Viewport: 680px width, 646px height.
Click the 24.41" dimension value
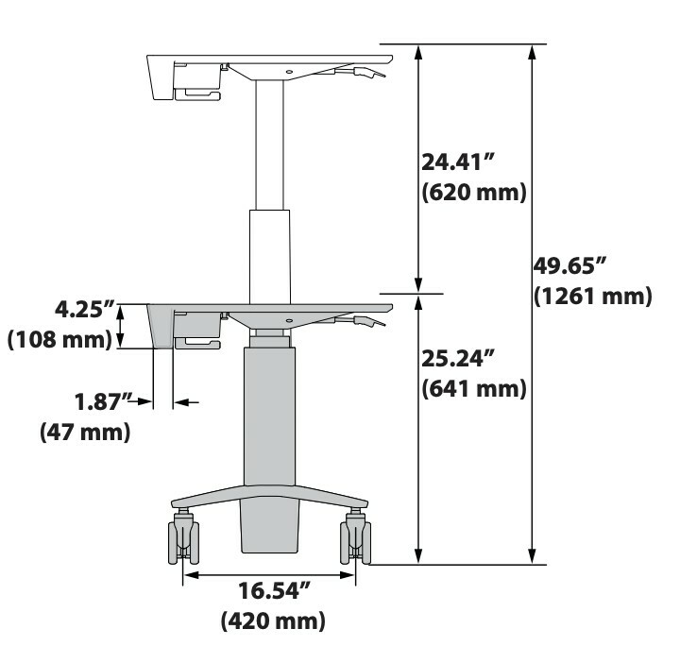pos(458,162)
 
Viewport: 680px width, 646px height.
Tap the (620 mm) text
pos(474,192)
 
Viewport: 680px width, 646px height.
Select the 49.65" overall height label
pos(569,265)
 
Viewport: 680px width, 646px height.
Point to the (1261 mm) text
pos(593,297)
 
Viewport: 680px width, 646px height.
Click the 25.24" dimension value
pos(458,359)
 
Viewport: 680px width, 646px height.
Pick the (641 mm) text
pos(474,388)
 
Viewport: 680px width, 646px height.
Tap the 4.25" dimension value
pos(85,310)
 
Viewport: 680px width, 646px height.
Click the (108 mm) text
pos(59,339)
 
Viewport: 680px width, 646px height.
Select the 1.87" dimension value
pos(103,402)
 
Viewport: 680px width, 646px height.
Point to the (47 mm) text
pos(85,432)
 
